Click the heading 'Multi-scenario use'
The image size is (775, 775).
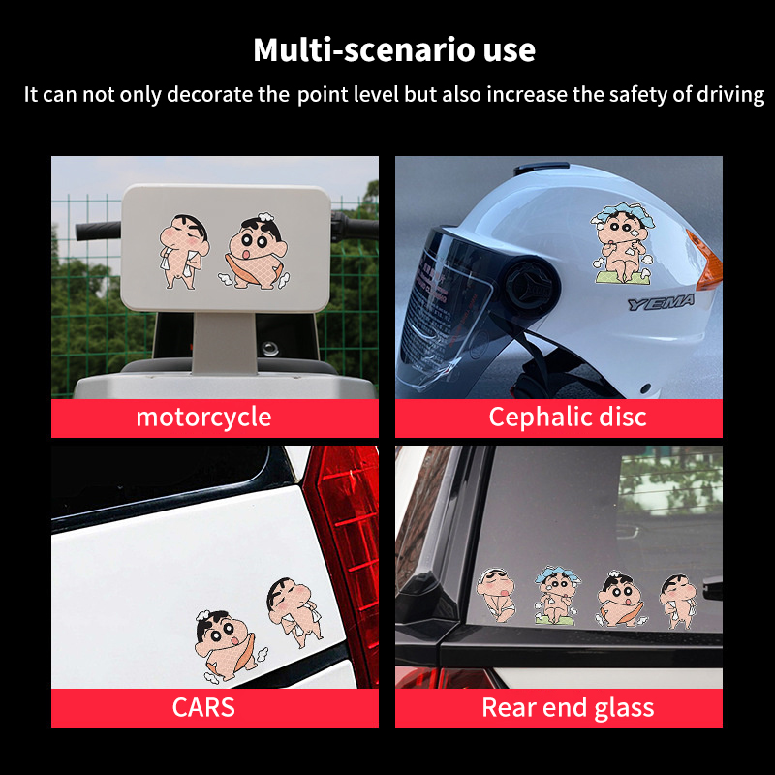394,50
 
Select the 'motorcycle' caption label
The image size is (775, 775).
203,418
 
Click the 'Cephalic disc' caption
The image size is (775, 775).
568,418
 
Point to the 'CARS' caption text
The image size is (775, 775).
203,707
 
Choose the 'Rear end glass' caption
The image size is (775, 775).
568,707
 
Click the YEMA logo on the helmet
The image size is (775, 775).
662,302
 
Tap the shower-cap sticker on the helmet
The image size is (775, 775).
623,243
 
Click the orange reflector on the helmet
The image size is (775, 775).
706,262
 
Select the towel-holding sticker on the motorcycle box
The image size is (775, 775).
184,252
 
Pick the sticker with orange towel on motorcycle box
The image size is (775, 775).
255,251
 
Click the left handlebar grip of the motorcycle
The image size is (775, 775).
99,231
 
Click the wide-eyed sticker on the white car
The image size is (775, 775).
229,646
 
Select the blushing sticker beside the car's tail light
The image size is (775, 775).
295,612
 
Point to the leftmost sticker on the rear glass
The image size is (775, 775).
496,595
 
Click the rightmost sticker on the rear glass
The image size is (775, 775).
678,601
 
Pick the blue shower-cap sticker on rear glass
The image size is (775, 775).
557,596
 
